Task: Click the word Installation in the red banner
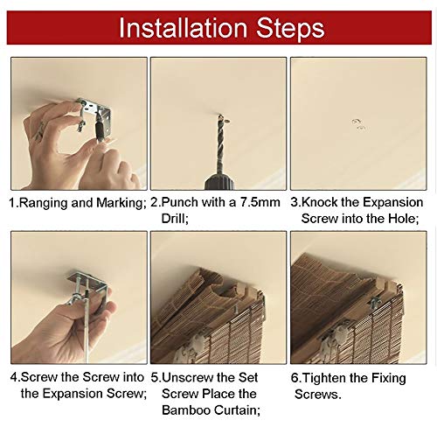[x=183, y=28]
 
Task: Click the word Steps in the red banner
[x=290, y=29]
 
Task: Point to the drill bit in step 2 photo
[x=220, y=144]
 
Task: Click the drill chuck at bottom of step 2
[x=219, y=182]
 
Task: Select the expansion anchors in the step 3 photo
[x=358, y=124]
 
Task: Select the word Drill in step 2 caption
[x=175, y=219]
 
